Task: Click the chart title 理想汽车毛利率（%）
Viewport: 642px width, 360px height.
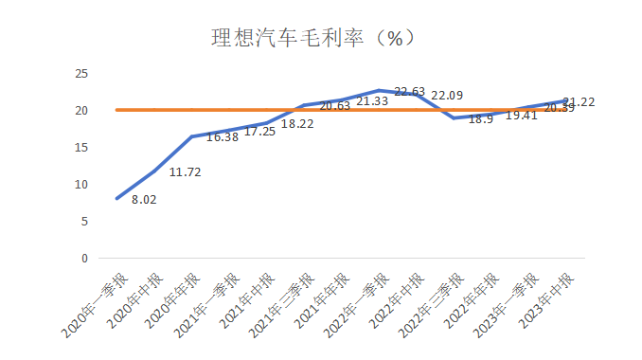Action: coord(312,39)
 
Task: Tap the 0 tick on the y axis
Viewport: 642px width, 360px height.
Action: coord(84,258)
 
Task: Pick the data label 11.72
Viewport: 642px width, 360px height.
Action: coord(186,172)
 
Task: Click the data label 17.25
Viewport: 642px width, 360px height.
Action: coord(260,132)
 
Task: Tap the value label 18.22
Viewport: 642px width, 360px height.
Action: coord(297,124)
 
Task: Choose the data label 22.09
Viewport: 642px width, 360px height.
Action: coord(447,96)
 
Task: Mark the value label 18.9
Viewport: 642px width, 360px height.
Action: coord(481,118)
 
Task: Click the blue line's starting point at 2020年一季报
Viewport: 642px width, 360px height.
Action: coord(116,199)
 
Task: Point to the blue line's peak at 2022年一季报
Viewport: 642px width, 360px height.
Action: coord(380,90)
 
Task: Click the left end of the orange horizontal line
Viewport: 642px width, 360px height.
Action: coord(116,110)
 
